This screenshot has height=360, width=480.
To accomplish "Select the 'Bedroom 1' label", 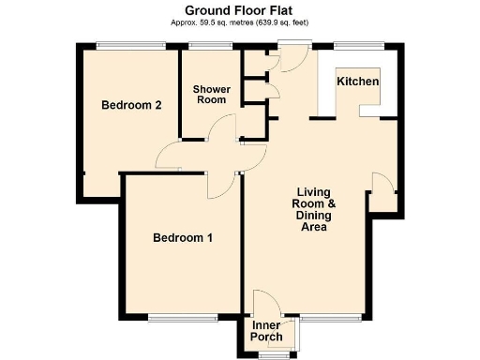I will [183, 238].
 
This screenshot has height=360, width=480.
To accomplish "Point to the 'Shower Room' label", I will [211, 95].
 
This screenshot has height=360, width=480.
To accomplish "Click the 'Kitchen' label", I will [358, 82].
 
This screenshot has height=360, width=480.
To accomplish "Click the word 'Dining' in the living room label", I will [307, 216].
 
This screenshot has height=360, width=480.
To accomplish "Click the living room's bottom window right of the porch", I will [331, 317].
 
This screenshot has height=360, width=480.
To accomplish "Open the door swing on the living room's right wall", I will [382, 183].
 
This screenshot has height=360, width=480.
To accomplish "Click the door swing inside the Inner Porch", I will [267, 305].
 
